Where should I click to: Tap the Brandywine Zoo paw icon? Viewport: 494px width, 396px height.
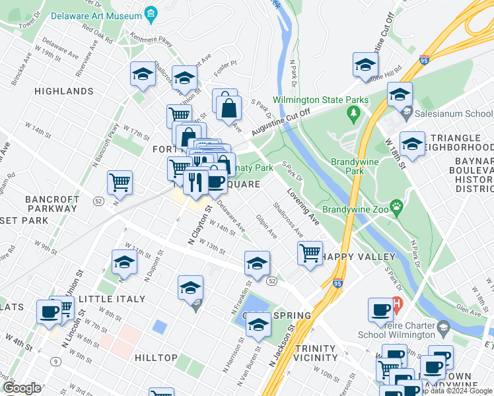tap(396, 207)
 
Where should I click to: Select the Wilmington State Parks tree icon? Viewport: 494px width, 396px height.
tap(354, 114)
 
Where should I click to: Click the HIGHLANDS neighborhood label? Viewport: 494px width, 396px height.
tap(63, 91)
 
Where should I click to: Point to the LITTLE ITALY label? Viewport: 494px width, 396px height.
tap(112, 299)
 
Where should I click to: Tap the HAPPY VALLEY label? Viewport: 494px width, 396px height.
tap(361, 256)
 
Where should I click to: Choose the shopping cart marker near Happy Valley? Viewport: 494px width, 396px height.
tap(310, 252)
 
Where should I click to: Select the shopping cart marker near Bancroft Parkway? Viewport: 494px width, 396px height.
tap(120, 182)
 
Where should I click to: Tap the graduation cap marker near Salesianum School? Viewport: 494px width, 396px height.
tap(400, 94)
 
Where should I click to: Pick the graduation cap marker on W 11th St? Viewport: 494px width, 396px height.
tap(124, 263)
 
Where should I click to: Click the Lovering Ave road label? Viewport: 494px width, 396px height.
tap(303, 208)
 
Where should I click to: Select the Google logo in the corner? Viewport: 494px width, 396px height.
tap(22, 388)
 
